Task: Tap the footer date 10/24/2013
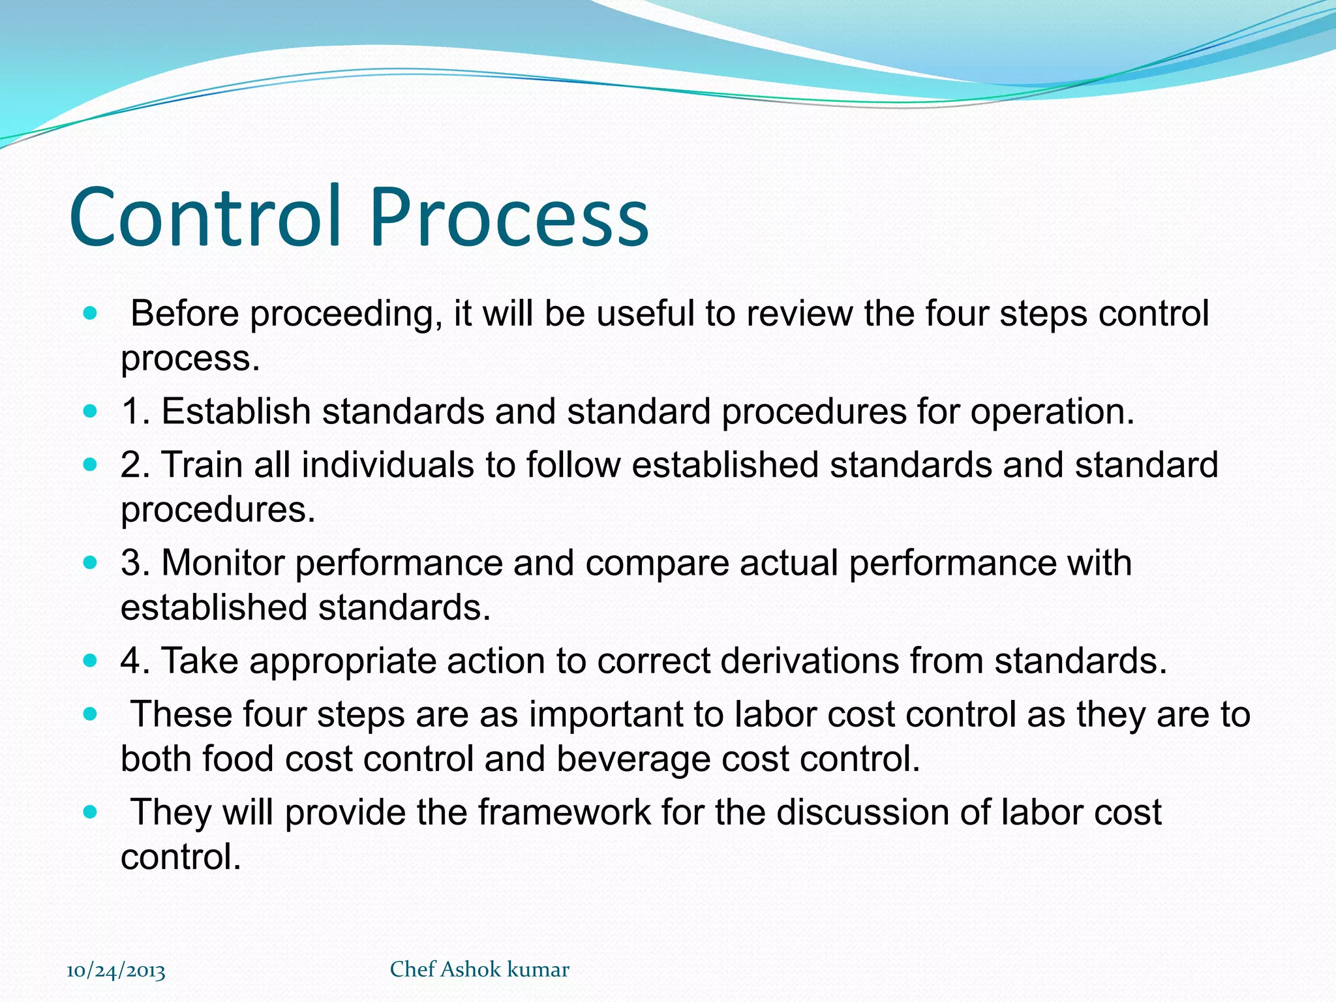[116, 971]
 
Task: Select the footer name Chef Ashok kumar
[479, 969]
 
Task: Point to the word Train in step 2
[202, 465]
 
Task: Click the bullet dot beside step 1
[91, 412]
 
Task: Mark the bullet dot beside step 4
[91, 661]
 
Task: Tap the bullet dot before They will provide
[91, 813]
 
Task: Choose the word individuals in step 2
[387, 465]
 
